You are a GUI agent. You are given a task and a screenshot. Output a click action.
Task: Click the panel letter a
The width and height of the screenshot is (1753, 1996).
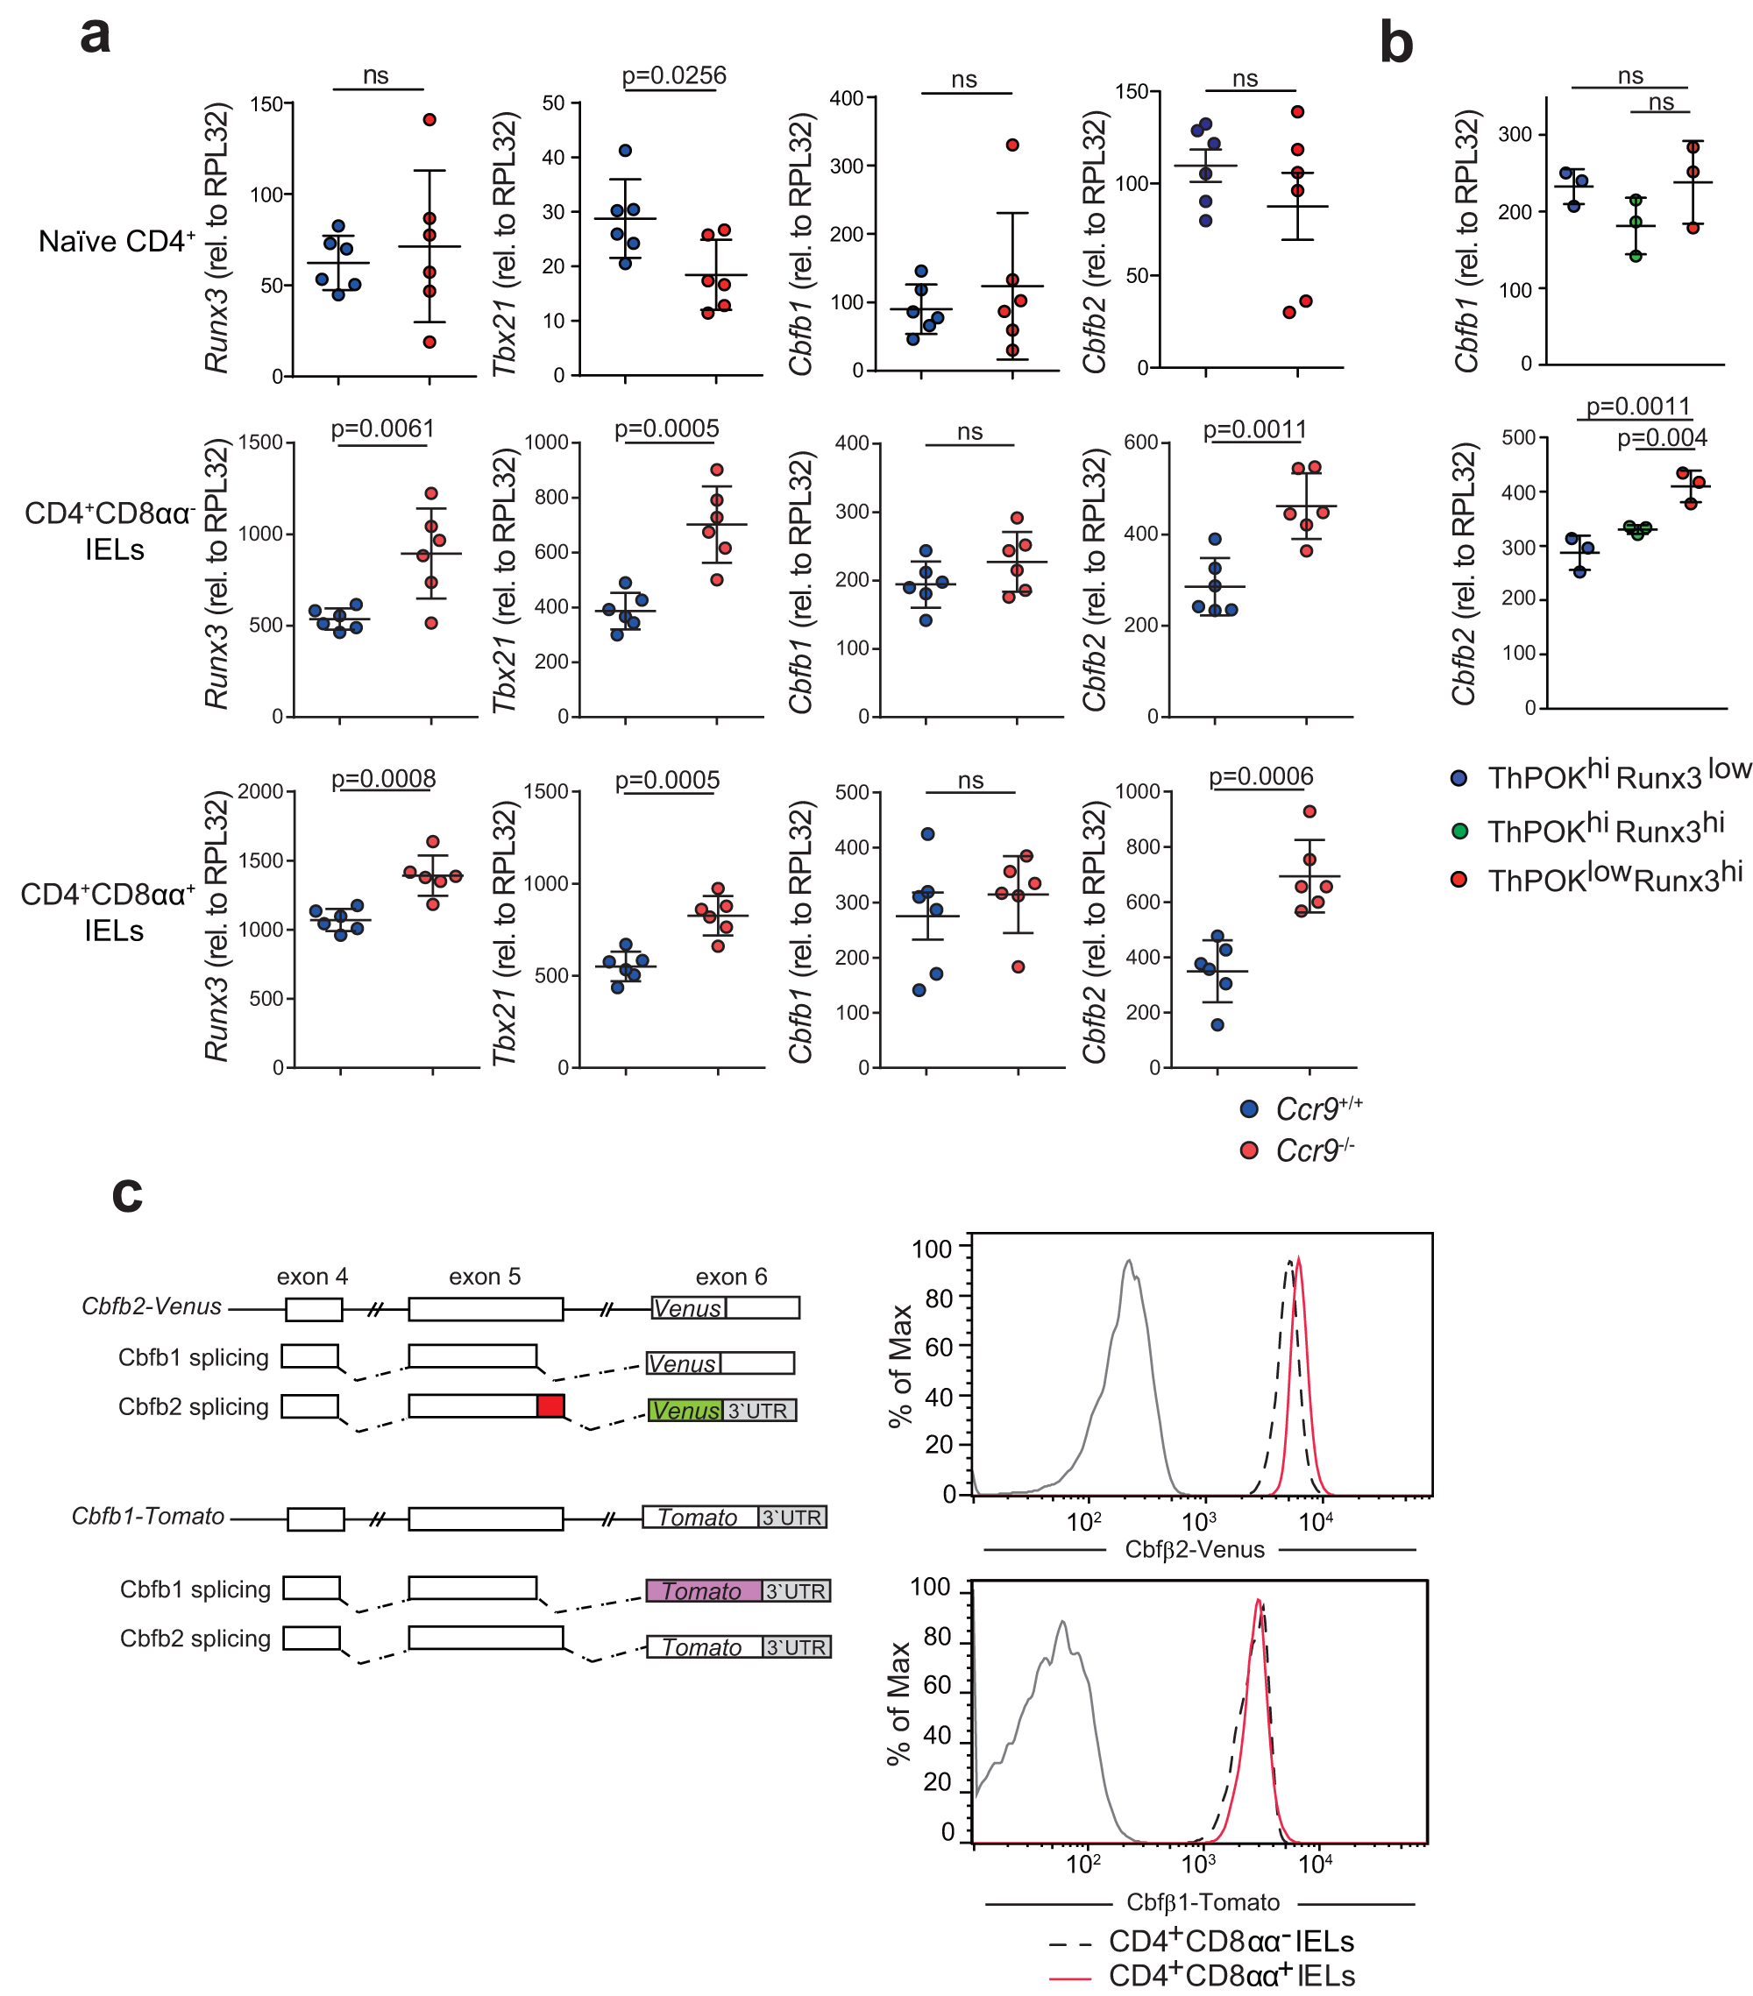(95, 37)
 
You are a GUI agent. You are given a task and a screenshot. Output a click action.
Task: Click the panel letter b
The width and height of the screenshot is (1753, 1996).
(1395, 44)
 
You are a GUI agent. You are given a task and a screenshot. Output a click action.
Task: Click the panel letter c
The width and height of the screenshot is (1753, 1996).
(127, 1193)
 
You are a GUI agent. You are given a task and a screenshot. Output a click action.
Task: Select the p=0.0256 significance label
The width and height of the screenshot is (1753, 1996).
(674, 75)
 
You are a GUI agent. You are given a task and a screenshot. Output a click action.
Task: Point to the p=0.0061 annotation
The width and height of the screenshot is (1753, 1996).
(383, 428)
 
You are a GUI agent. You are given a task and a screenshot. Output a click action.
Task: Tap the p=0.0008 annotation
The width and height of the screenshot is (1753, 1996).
(383, 778)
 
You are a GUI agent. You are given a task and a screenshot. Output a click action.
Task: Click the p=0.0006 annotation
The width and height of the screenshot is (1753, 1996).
(1260, 776)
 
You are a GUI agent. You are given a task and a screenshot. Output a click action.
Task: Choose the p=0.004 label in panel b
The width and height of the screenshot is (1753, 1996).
(1662, 437)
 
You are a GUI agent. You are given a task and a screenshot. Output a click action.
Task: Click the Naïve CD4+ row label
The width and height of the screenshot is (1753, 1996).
(117, 241)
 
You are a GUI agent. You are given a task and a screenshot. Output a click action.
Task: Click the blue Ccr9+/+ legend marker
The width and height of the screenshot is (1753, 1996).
(1248, 1109)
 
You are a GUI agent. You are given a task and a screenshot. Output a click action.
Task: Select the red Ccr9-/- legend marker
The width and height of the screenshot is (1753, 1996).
(1248, 1151)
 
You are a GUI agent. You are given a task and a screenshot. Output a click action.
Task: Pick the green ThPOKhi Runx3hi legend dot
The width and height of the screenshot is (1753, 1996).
(1460, 831)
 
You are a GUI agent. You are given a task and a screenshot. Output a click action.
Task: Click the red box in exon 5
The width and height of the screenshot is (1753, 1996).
(550, 1406)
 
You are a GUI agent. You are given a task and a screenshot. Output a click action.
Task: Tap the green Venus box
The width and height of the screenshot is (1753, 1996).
(685, 1410)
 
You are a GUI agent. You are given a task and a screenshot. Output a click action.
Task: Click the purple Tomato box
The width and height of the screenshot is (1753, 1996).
(703, 1590)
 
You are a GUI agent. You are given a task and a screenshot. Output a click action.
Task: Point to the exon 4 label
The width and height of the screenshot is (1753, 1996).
(311, 1278)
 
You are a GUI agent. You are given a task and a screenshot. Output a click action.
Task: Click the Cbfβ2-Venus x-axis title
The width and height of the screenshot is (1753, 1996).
(1195, 1550)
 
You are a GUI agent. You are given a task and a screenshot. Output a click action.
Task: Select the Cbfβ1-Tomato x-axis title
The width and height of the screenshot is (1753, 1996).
(1203, 1902)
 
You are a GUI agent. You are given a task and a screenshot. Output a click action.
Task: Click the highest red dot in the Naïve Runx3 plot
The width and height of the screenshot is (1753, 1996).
(429, 120)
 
